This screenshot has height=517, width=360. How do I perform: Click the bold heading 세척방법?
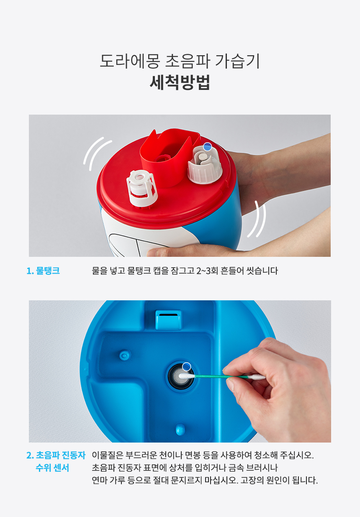point(180,82)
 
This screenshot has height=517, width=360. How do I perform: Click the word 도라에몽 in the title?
point(130,61)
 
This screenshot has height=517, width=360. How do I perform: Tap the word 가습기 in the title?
point(238,61)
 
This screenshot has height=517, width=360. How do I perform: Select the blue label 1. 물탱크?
point(43,271)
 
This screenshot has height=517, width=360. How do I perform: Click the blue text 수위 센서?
point(52,468)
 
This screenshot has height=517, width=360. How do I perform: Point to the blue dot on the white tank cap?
point(207,146)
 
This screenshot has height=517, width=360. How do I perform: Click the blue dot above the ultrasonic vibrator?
point(187,366)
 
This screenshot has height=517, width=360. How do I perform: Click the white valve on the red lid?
point(142,188)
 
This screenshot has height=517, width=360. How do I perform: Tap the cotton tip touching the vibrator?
point(186,376)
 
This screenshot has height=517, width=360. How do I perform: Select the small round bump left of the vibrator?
point(125,355)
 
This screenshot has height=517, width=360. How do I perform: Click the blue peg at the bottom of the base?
point(180,429)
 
